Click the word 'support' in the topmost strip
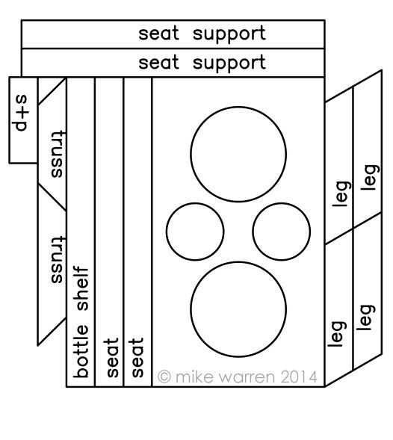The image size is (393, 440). click(x=229, y=34)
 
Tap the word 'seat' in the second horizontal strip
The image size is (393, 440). click(x=158, y=62)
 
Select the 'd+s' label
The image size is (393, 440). click(x=22, y=113)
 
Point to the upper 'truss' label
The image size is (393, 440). click(x=57, y=154)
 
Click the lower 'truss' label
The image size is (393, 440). click(x=57, y=260)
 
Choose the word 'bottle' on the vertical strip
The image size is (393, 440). click(x=81, y=351)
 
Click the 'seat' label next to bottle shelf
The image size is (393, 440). click(x=111, y=358)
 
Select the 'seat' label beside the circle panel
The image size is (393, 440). click(x=137, y=358)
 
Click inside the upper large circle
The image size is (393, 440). click(x=238, y=154)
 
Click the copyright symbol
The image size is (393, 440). click(x=164, y=377)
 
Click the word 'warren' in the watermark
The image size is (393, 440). click(x=247, y=378)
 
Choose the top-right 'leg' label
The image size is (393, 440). click(x=370, y=177)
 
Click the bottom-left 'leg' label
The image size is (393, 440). click(x=337, y=334)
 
